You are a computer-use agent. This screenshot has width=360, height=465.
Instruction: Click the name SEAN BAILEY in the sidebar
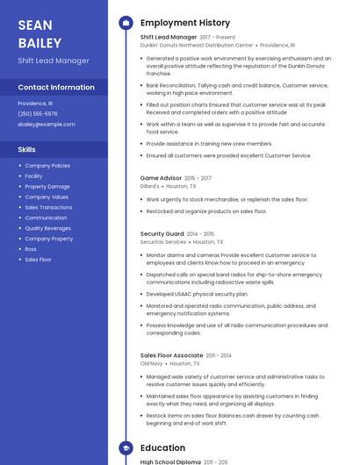point(40,33)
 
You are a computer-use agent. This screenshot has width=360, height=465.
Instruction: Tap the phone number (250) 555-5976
point(38,113)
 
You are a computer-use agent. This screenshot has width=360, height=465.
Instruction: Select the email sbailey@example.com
point(47,125)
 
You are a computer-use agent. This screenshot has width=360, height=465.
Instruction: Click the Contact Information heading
point(56,88)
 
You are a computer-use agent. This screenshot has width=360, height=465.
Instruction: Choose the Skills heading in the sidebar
point(27,149)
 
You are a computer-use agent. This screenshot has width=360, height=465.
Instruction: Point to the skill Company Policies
point(47,166)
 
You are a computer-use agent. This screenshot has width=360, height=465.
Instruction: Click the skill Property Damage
point(47,187)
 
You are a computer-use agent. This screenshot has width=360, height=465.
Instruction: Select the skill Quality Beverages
point(48,228)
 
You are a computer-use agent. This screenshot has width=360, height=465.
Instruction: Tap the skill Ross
point(31,249)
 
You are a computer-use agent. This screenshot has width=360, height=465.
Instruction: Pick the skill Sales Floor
point(38,260)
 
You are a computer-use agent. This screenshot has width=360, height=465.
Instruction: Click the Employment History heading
point(185,23)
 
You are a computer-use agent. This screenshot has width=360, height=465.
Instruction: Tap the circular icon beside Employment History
point(126,23)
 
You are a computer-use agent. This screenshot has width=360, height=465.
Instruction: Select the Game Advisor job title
point(161,178)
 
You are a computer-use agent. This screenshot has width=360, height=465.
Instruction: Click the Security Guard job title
point(162,234)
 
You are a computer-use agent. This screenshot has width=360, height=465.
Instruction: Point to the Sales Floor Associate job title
point(171,355)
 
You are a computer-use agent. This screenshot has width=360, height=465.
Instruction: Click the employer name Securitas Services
point(163,242)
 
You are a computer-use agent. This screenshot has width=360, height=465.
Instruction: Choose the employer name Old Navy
point(151,363)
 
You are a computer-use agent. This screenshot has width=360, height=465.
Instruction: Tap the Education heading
point(162,447)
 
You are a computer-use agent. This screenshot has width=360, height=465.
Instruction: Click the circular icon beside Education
point(126,447)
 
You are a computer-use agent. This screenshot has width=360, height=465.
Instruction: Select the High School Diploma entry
point(171,461)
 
